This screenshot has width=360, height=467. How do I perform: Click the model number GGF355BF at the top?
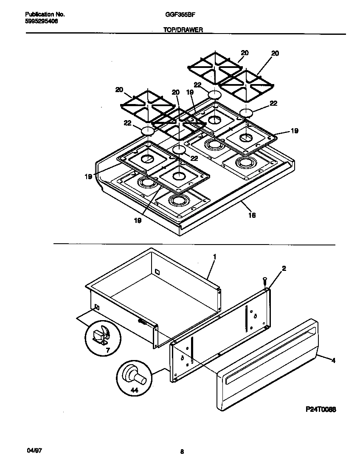point(177,14)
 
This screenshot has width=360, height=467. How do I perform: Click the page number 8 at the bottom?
point(182,452)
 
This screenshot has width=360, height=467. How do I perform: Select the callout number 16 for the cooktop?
point(251,216)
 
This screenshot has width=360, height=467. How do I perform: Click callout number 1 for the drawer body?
point(214,257)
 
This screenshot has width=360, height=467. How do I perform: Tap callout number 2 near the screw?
point(284,268)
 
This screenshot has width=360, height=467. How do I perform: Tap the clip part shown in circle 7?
point(101,334)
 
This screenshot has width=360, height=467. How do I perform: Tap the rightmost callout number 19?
point(294,132)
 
